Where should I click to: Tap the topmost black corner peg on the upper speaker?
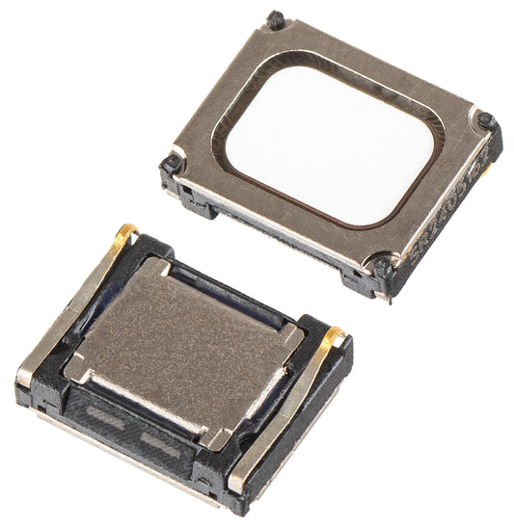(276, 18)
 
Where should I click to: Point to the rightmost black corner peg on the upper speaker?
(487, 122)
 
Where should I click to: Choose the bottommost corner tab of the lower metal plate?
(218, 438)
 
